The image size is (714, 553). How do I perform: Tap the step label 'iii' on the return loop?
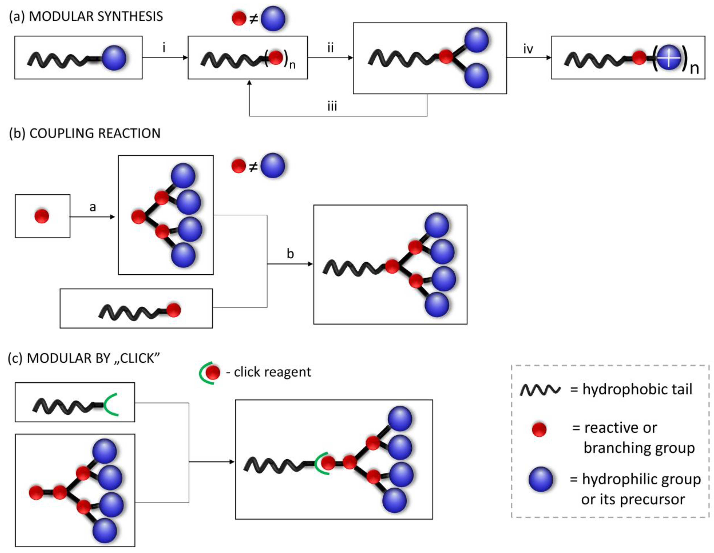(x=332, y=106)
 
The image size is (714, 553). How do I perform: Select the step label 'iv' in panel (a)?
(x=528, y=49)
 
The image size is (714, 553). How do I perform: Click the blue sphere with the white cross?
(x=669, y=58)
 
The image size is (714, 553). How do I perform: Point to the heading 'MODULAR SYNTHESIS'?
(x=96, y=16)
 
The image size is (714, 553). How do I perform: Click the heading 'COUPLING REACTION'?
(x=95, y=133)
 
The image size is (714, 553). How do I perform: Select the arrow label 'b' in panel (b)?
(x=290, y=254)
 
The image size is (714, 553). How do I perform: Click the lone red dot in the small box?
(x=42, y=216)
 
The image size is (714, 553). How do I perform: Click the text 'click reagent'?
(x=272, y=372)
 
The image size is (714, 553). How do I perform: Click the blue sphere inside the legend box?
(x=541, y=479)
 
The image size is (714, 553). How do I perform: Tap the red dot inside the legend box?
(x=539, y=429)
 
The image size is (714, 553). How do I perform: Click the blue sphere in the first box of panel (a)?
(x=113, y=58)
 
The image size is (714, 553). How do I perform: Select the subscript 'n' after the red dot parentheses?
(x=292, y=65)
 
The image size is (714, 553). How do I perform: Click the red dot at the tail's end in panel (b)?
(x=173, y=310)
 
